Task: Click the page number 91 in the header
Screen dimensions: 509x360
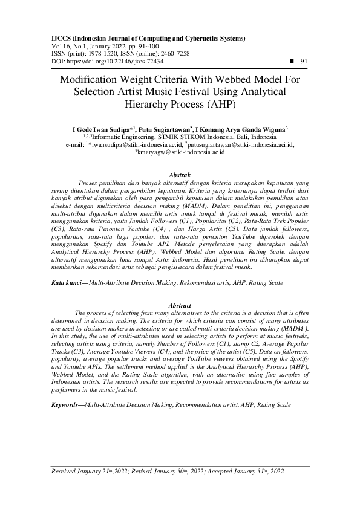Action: click(304, 61)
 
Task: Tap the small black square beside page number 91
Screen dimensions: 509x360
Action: click(293, 61)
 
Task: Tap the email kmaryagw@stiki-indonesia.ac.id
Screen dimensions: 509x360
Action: click(182, 153)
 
